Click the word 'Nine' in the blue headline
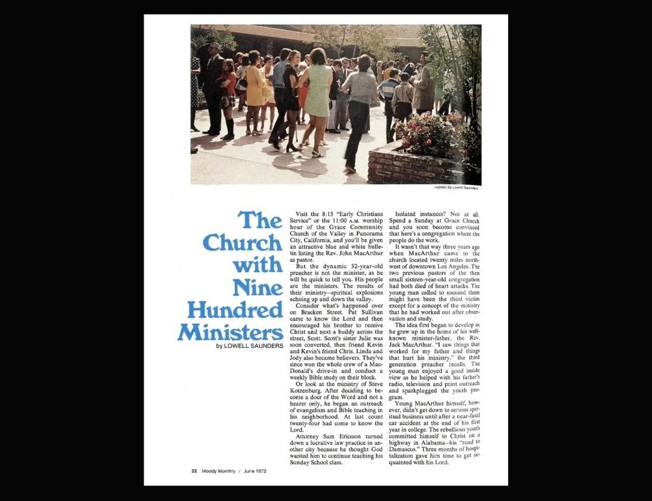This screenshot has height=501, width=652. (x=257, y=287)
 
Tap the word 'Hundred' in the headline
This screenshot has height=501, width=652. (x=234, y=310)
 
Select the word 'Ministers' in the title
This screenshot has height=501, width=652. (x=230, y=332)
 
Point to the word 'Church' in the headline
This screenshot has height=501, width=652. (x=242, y=243)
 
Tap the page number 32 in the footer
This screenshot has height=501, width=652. (x=194, y=471)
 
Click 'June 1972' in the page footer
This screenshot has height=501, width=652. (x=255, y=471)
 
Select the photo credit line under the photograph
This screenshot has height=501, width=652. (x=456, y=188)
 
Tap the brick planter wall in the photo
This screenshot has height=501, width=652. (x=407, y=167)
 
